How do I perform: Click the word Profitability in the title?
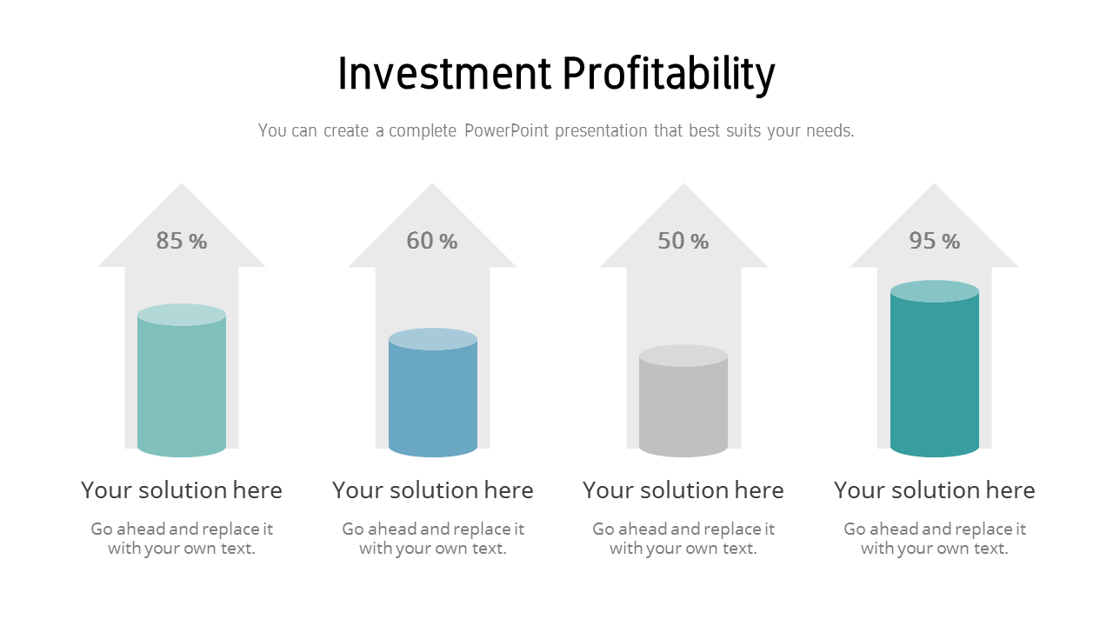tap(669, 75)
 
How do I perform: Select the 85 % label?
tap(182, 241)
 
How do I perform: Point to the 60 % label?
tap(432, 241)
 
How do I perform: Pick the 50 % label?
tap(683, 241)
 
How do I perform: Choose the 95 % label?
tap(935, 241)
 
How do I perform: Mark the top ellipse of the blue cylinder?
tap(433, 339)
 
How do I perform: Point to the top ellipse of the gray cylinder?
tap(683, 356)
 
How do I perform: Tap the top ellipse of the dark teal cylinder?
tap(935, 291)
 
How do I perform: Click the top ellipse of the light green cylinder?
tap(182, 315)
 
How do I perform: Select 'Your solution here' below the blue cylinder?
tap(433, 490)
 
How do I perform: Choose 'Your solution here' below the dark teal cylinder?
tap(935, 490)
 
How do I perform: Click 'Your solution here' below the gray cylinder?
tap(683, 490)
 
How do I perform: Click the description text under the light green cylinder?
tap(182, 539)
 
